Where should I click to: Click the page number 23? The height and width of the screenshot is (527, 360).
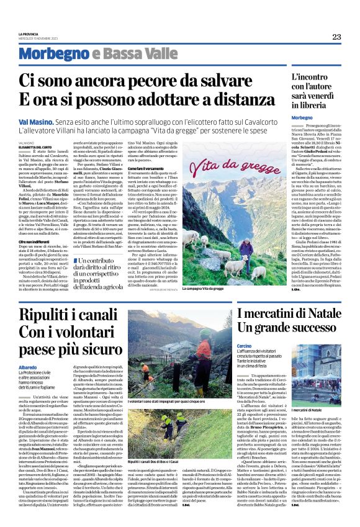coord(336,37)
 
